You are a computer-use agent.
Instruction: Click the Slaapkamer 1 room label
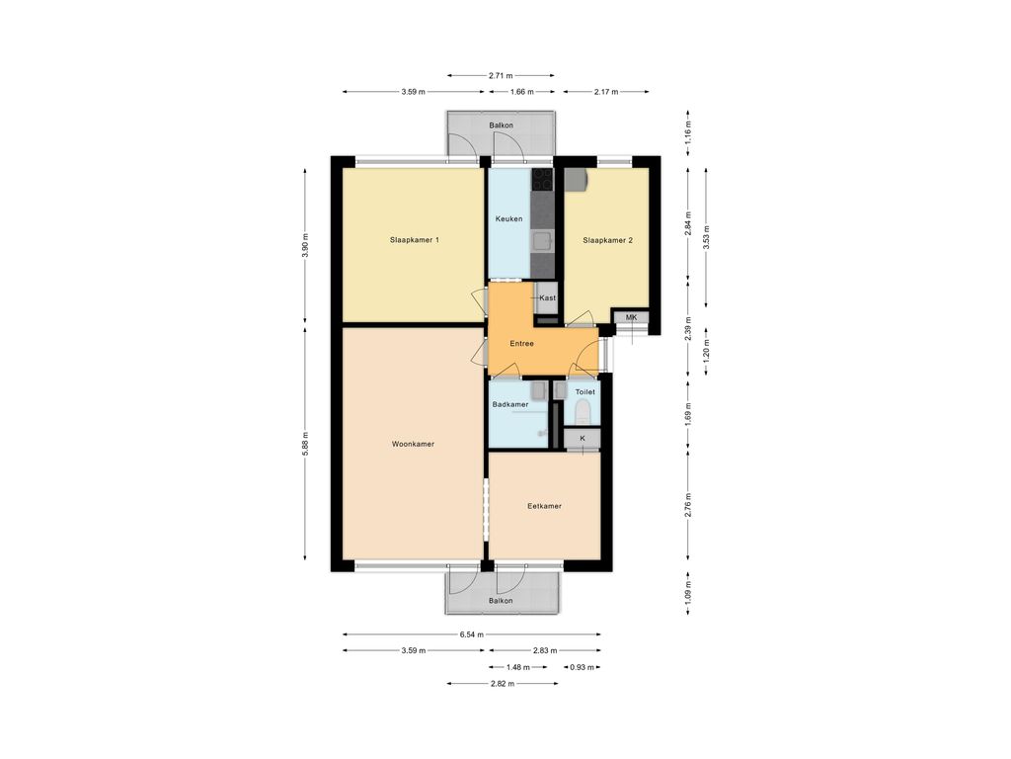[415, 240]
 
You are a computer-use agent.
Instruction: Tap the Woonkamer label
[414, 444]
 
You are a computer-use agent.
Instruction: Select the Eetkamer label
[544, 506]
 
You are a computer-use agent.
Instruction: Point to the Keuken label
[508, 218]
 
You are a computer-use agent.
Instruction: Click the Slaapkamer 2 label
[607, 240]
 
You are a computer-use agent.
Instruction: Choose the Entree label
[521, 343]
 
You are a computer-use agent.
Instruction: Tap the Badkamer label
[510, 404]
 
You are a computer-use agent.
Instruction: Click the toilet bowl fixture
[583, 411]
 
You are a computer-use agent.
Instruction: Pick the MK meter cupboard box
[631, 317]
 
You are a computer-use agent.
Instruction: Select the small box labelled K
[583, 438]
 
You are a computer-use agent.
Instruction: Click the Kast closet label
[547, 297]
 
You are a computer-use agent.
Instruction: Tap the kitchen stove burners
[542, 180]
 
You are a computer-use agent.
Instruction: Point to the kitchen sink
[542, 241]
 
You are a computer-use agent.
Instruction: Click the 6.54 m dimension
[471, 634]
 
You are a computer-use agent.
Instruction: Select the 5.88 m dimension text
[306, 444]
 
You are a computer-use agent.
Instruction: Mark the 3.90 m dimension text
[306, 245]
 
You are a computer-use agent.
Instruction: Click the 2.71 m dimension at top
[501, 75]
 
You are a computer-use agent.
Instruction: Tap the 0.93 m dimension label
[582, 667]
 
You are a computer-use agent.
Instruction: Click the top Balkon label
[501, 126]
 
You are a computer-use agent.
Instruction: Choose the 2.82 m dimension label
[503, 684]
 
